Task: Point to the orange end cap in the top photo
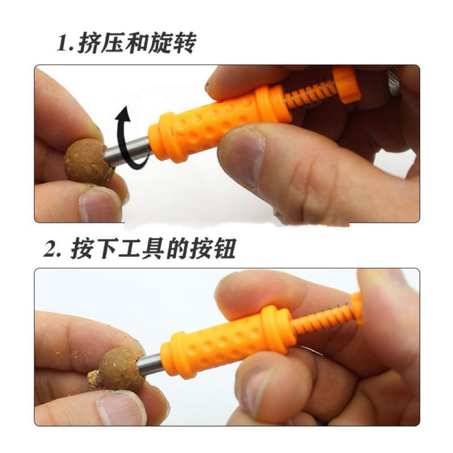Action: point(347,85)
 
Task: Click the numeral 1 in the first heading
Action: point(63,43)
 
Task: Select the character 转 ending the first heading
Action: point(185,43)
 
